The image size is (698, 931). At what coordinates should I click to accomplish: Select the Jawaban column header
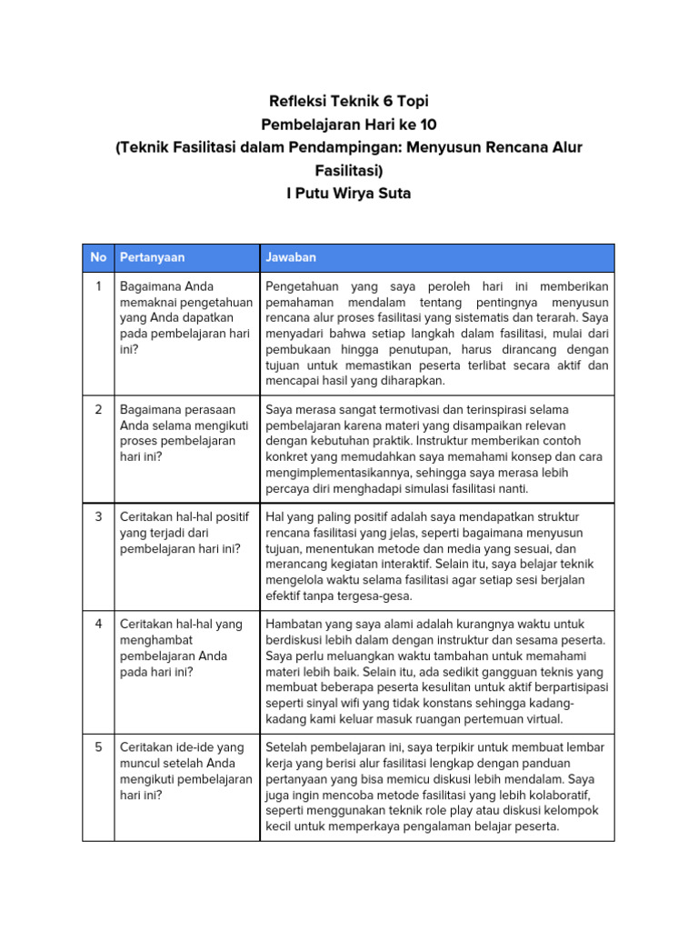[291, 257]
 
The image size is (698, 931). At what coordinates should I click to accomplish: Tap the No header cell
[98, 257]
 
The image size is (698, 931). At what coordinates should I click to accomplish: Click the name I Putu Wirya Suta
[349, 194]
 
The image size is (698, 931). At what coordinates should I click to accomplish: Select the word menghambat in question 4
[155, 640]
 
